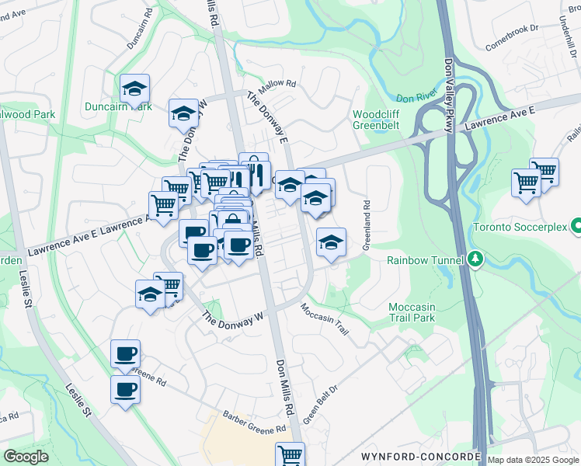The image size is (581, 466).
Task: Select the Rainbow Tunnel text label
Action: coord(426,260)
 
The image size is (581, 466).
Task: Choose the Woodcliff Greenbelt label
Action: coord(377,119)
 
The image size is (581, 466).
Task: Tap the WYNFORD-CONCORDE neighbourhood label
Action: coord(420,455)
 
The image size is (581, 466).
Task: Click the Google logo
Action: coord(26,457)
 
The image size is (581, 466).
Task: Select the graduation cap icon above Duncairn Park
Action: coord(135,89)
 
